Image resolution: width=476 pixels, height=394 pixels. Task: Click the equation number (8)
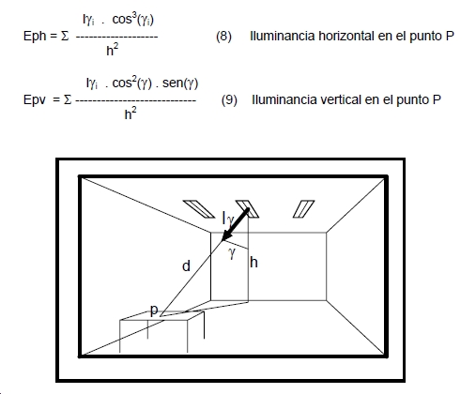223,36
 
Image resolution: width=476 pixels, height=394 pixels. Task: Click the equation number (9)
229,99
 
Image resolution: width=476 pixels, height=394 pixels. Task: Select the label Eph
35,37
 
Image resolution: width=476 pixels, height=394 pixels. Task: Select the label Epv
35,100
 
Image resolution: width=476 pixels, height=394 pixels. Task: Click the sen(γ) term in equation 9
180,83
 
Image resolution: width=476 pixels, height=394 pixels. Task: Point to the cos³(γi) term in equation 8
132,19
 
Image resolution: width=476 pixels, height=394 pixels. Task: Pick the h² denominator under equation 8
113,50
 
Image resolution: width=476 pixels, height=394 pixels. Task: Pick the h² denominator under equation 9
131,114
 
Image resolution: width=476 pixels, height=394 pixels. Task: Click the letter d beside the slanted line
186,266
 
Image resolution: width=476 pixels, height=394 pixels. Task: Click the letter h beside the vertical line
253,263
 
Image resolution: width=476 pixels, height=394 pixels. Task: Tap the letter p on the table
154,311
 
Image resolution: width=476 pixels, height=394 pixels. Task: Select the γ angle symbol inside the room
232,252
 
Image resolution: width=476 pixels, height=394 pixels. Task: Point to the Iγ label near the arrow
228,219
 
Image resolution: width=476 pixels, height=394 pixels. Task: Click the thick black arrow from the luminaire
235,225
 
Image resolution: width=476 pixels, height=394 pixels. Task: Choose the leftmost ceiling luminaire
199,209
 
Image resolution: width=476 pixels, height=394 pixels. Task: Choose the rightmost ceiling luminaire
303,209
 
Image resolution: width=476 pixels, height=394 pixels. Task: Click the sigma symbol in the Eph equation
65,37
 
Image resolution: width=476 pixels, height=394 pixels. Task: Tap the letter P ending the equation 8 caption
450,36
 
